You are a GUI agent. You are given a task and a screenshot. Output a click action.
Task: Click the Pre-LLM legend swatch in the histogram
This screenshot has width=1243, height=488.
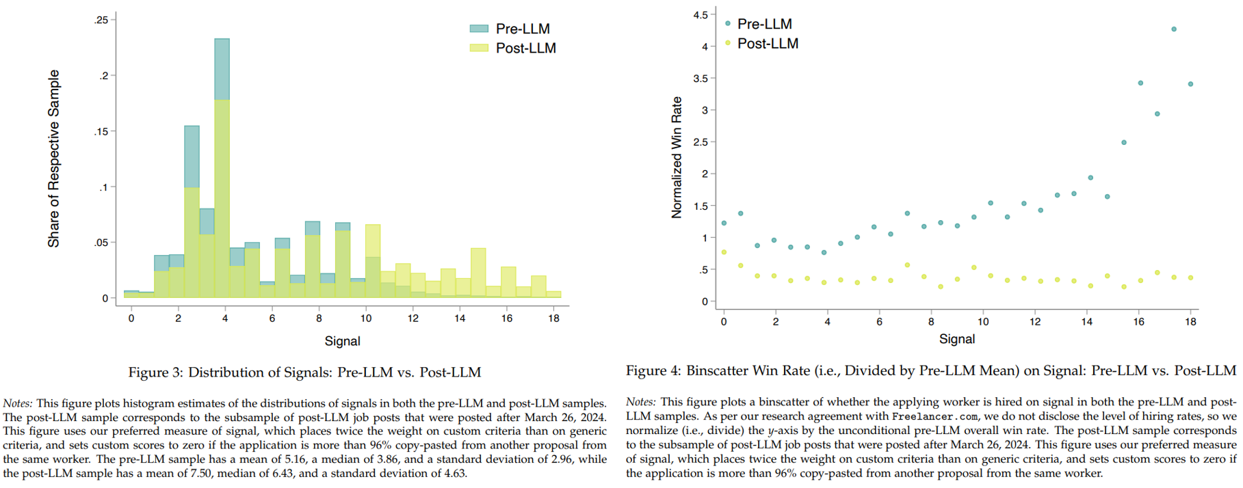479,29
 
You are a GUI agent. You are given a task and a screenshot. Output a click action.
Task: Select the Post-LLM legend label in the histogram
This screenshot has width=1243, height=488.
525,49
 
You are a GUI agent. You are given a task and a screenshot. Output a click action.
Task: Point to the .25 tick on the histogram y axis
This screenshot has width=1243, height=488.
101,20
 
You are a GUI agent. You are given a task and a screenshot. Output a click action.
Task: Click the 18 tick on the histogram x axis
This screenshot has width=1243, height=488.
553,318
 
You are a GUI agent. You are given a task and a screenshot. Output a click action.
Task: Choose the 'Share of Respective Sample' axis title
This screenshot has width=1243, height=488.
53,159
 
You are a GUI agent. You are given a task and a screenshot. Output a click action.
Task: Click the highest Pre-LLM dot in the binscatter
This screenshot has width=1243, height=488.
1174,29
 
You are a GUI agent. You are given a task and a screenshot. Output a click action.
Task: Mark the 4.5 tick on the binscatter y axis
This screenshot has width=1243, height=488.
701,14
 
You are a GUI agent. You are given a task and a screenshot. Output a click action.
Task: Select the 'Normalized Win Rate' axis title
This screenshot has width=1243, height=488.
677,157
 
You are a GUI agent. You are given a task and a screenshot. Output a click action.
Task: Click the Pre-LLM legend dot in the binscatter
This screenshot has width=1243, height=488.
728,23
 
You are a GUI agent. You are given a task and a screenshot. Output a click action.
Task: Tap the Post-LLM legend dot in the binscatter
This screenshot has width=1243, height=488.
728,43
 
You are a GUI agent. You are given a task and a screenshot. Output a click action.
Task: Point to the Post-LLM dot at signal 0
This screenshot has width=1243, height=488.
724,252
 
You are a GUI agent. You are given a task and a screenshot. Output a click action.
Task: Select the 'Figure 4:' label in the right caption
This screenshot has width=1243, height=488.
653,370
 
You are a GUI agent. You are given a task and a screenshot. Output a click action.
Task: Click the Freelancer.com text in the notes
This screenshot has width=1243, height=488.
935,416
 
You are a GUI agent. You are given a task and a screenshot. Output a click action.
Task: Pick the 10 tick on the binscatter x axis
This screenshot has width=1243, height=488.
983,321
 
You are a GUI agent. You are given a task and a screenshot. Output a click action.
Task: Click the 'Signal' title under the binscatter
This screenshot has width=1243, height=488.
956,339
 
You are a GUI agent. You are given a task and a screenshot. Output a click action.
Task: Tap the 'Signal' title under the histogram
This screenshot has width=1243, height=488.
342,341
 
